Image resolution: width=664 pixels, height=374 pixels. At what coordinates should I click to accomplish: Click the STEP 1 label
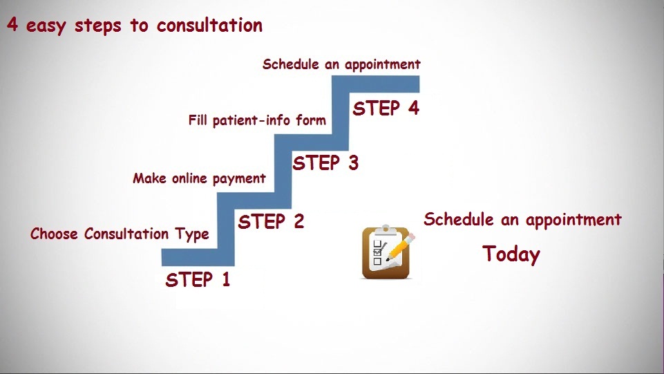[x=198, y=279]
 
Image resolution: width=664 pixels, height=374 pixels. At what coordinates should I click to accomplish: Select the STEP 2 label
[x=271, y=221]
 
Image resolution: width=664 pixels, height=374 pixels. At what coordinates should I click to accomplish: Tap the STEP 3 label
[x=325, y=163]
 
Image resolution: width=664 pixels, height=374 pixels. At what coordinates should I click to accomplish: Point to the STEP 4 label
[x=386, y=108]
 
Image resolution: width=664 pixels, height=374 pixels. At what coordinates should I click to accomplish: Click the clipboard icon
[x=386, y=252]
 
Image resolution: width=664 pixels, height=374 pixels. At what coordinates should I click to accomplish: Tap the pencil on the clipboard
[x=400, y=247]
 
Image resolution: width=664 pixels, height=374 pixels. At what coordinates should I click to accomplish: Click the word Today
[x=511, y=254]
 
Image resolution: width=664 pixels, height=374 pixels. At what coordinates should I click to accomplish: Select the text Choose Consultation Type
[x=120, y=234]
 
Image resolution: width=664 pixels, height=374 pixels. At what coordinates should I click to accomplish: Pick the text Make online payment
[x=200, y=178]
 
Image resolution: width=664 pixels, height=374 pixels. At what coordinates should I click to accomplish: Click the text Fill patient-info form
[x=257, y=120]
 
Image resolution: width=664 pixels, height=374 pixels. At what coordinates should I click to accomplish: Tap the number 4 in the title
[x=12, y=25]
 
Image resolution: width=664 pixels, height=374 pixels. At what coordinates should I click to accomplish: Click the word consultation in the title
[x=209, y=25]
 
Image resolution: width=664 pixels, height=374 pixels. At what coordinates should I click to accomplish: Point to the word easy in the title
[x=46, y=26]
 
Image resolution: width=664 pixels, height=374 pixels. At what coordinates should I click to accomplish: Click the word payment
[x=239, y=179]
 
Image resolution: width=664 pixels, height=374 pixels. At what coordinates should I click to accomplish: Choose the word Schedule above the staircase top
[x=290, y=64]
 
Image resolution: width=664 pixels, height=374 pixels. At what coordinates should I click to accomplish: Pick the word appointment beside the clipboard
[x=573, y=221]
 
